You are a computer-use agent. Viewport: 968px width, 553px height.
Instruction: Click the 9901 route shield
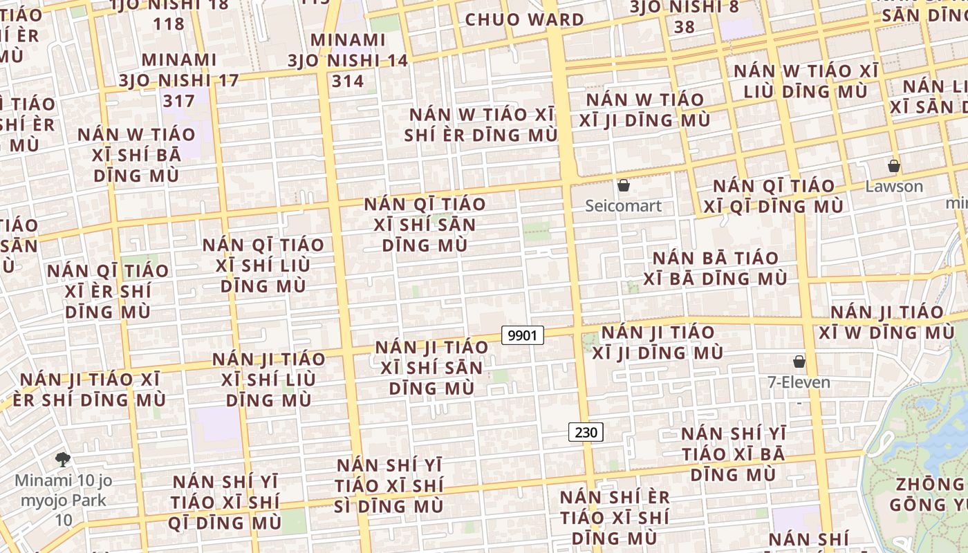pos(522,336)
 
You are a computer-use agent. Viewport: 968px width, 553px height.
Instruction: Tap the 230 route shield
pos(586,433)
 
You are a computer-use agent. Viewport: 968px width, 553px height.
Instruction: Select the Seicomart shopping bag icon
pos(623,185)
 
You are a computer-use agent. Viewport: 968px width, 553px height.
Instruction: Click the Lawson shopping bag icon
pos(893,166)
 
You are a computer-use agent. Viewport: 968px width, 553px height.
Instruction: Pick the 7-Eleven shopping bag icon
pos(799,362)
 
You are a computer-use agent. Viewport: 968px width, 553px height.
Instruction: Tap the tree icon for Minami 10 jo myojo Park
pos(62,459)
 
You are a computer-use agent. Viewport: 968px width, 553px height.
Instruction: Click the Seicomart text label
pos(623,205)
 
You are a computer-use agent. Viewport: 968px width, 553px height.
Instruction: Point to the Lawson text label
pos(894,186)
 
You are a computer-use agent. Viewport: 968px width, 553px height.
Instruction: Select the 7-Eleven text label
pos(799,382)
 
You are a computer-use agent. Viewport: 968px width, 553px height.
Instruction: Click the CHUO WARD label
pos(525,19)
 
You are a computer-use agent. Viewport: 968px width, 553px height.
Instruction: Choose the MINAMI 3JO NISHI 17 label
pos(178,80)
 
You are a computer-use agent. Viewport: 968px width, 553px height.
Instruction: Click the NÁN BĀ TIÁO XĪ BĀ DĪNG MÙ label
pos(716,268)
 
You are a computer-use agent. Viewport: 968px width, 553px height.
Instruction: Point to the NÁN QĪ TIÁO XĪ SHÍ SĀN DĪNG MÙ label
pos(425,225)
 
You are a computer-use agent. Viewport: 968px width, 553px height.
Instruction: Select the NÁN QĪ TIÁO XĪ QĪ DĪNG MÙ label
pos(774,196)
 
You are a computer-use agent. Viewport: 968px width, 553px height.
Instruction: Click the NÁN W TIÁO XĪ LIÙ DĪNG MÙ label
pos(806,81)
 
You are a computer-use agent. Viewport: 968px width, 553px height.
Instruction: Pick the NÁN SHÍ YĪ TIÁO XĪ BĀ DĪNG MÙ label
pos(734,453)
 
